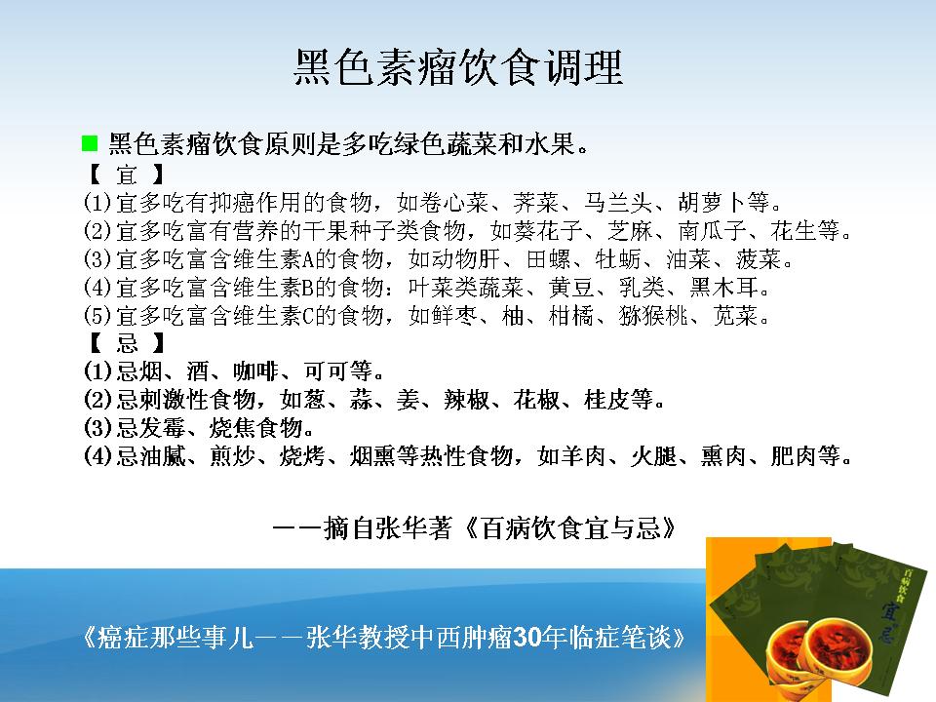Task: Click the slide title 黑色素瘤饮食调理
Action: tap(458, 67)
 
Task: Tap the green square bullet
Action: tap(90, 143)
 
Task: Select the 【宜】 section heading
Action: tap(126, 175)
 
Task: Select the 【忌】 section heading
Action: tap(126, 343)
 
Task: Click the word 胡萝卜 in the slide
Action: tap(712, 203)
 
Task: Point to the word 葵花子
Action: tap(547, 231)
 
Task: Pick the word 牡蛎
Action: tap(618, 259)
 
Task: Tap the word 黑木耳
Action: tap(724, 288)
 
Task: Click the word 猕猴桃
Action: tap(653, 316)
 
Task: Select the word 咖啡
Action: tap(256, 371)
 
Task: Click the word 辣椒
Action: tap(467, 400)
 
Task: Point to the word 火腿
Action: tap(653, 456)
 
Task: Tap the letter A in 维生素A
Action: tap(308, 260)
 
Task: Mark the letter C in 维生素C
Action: tap(308, 316)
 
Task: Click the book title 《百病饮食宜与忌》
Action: tap(570, 528)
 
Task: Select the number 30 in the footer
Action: tap(527, 638)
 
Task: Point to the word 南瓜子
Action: tap(712, 231)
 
